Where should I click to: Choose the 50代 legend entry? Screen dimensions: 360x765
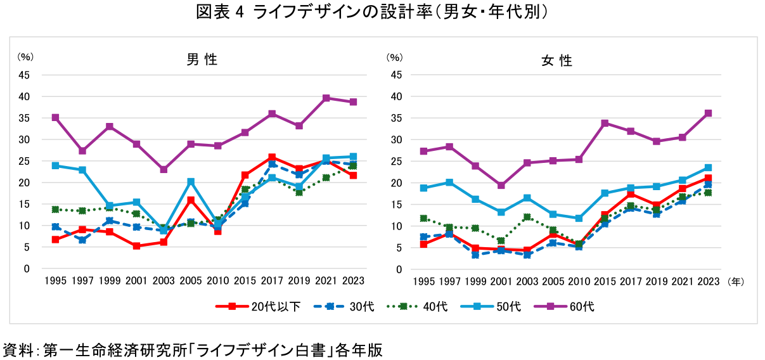pyautogui.click(x=497, y=306)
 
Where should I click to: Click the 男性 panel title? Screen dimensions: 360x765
pyautogui.click(x=202, y=60)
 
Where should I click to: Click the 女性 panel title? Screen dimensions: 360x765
pyautogui.click(x=556, y=61)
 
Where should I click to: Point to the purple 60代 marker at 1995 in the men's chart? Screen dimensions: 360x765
pyautogui.click(x=56, y=117)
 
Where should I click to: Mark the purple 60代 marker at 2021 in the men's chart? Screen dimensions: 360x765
pyautogui.click(x=326, y=98)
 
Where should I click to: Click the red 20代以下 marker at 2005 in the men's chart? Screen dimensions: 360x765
pyautogui.click(x=191, y=200)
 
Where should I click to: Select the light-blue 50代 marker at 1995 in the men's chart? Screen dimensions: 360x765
pyautogui.click(x=56, y=165)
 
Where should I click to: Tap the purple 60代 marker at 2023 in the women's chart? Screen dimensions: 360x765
pyautogui.click(x=709, y=113)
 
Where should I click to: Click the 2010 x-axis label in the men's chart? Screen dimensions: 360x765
pyautogui.click(x=217, y=281)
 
